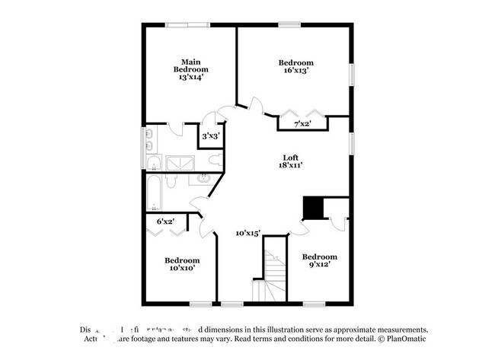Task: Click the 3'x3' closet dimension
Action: (x=209, y=136)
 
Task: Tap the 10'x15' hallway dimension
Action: (x=247, y=234)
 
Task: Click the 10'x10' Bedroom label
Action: (x=182, y=263)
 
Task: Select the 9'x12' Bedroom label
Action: (x=319, y=261)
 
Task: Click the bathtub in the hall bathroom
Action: (x=154, y=193)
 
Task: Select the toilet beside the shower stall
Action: (x=216, y=159)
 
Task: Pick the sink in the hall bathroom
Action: (x=204, y=179)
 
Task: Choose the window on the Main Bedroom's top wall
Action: (x=187, y=25)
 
